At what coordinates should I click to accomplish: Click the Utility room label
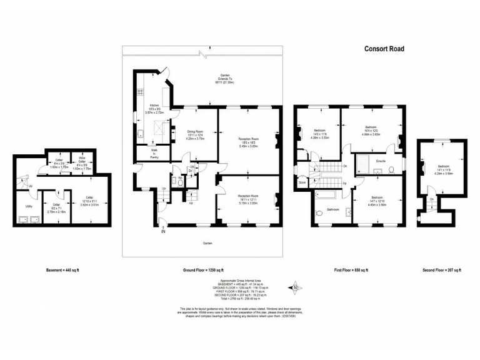tap(29, 206)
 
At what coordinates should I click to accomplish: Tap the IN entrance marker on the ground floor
tap(164, 232)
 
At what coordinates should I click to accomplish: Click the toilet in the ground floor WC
tap(180, 178)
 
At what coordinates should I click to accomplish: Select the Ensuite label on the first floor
tap(382, 161)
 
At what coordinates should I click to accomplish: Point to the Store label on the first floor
tap(302, 183)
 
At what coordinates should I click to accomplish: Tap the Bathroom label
tap(332, 209)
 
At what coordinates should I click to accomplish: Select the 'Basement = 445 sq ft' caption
tap(62, 270)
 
